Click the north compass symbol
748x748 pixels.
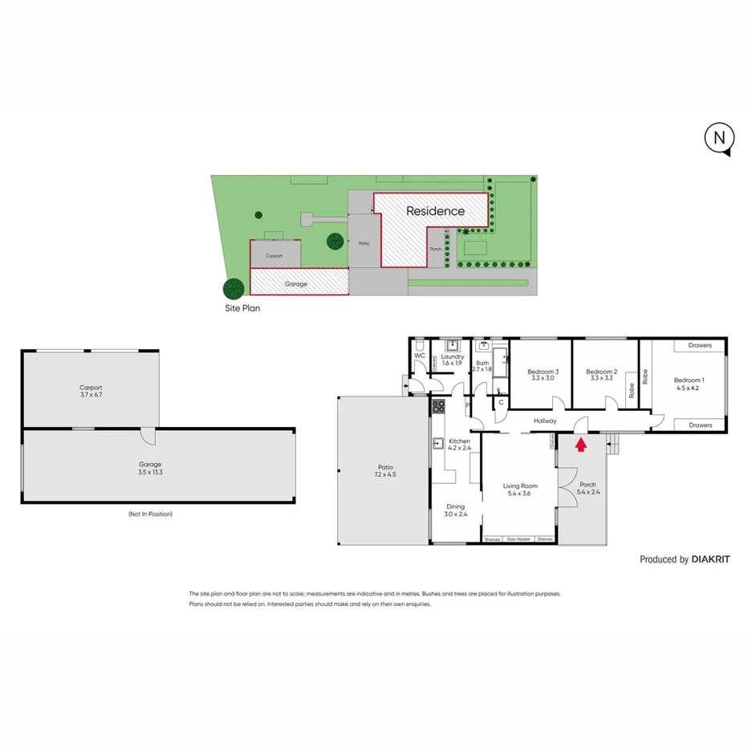(719, 138)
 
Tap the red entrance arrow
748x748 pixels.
(581, 442)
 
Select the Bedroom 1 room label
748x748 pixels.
(688, 384)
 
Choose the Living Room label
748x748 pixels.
(519, 490)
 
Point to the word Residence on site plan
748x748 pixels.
(435, 212)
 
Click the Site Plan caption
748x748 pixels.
(242, 307)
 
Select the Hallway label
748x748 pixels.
(545, 421)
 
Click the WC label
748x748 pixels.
(419, 355)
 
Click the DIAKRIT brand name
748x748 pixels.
(710, 559)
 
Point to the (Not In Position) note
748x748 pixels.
(149, 514)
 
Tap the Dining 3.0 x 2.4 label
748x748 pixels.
(456, 510)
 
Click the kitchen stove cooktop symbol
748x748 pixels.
(438, 406)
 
